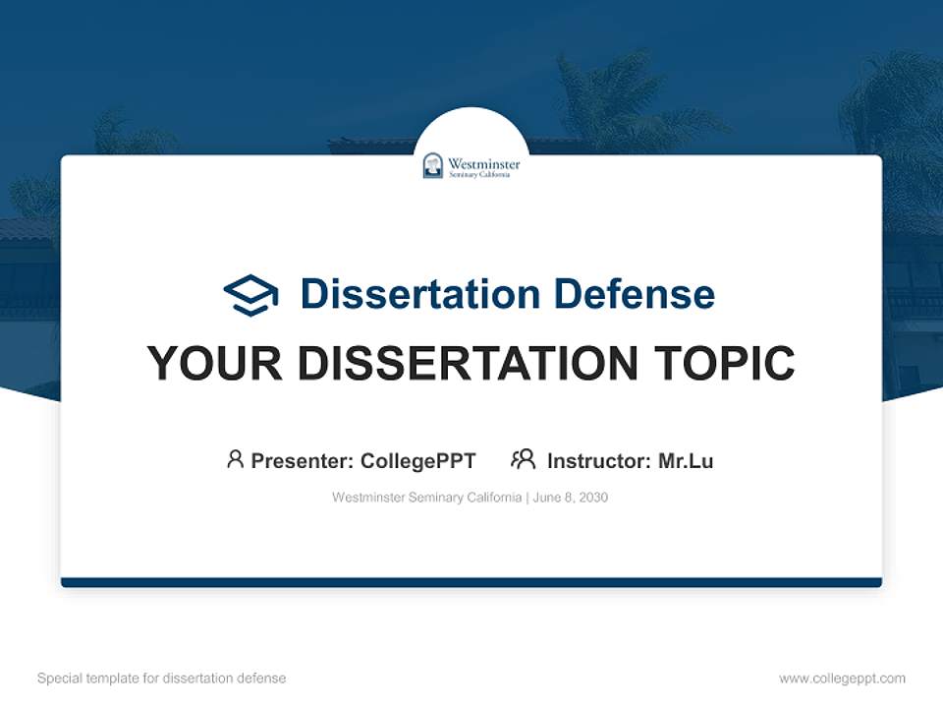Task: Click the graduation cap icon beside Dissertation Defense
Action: click(x=250, y=294)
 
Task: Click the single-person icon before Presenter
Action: click(x=235, y=459)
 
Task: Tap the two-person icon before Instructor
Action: click(x=524, y=459)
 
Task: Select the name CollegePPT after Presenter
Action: click(x=417, y=461)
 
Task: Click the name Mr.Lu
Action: click(x=686, y=461)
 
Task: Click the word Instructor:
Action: click(x=599, y=461)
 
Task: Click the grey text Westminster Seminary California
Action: click(x=427, y=498)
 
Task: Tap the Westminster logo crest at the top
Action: click(x=433, y=165)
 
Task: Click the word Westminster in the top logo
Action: click(x=483, y=162)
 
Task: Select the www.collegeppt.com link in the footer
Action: click(x=842, y=678)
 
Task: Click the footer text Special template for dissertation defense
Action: click(x=162, y=678)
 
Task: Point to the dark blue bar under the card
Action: click(x=471, y=582)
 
